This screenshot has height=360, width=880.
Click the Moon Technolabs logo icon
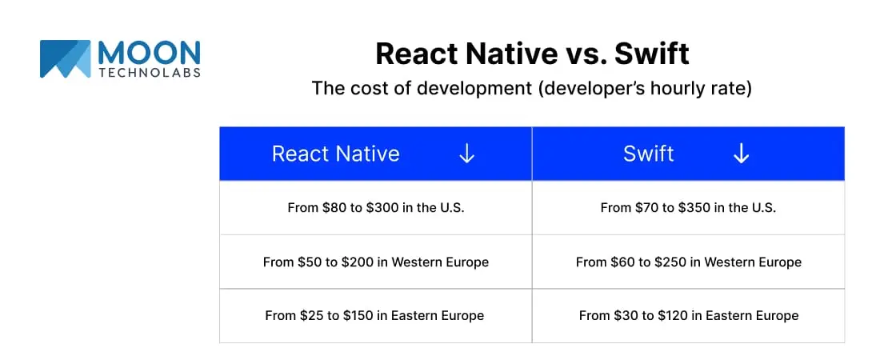click(65, 58)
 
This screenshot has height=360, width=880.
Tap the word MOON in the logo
click(149, 53)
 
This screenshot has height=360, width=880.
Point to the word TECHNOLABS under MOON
click(150, 73)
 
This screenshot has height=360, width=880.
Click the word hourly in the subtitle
click(667, 88)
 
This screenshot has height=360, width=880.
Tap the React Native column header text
click(336, 154)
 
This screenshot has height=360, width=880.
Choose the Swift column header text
click(648, 154)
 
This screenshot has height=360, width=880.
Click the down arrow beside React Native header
click(467, 154)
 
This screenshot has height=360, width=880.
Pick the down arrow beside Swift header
click(741, 154)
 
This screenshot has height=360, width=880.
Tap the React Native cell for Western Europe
click(375, 262)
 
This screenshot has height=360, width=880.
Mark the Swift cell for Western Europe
click(689, 262)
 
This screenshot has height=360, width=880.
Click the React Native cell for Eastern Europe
click(374, 316)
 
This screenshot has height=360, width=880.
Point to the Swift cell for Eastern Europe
click(689, 316)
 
